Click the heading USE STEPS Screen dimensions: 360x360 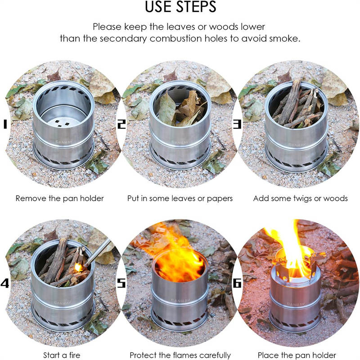180,7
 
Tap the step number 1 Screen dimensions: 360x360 5,124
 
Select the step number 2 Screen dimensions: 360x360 121,124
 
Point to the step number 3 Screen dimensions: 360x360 237,124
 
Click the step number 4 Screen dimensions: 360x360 4,283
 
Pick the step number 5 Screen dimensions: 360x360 121,283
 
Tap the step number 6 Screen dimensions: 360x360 237,283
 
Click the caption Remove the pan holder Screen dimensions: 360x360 60,198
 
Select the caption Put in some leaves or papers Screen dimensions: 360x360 180,198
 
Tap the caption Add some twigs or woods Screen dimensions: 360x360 300,198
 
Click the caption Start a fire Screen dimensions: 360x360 62,355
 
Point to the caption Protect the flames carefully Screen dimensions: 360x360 180,355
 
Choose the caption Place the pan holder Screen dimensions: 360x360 297,355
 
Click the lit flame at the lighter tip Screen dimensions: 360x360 78,267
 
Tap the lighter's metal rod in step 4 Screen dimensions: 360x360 98,252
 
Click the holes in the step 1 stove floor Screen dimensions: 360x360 62,123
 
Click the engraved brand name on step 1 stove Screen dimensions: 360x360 64,142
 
